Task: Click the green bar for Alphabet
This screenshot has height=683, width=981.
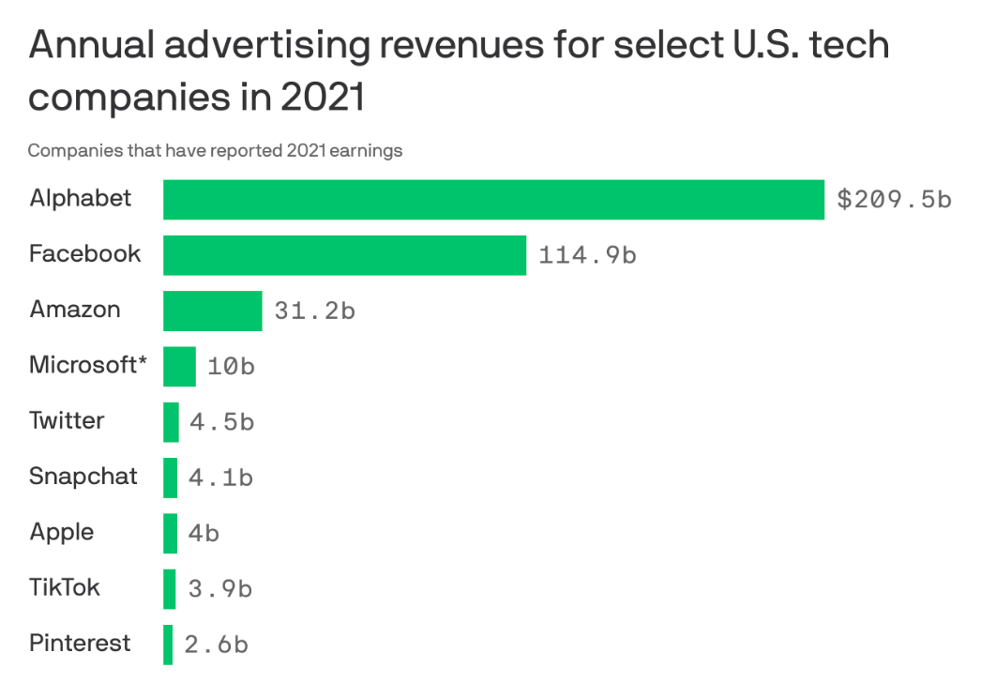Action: (x=493, y=200)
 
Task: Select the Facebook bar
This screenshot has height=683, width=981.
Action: (x=344, y=255)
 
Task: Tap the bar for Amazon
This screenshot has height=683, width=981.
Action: (x=212, y=311)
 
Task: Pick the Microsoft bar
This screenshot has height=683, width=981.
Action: (x=179, y=366)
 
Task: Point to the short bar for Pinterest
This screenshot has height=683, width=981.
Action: (x=168, y=645)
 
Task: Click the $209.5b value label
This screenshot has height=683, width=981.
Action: (x=894, y=200)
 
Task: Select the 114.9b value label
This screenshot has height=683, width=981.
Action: (x=587, y=255)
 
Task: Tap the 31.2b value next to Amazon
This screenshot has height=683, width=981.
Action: (x=314, y=311)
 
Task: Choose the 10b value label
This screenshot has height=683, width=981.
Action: (x=231, y=366)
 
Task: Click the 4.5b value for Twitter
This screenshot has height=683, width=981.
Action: (x=221, y=422)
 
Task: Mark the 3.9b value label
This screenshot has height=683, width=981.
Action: (x=220, y=589)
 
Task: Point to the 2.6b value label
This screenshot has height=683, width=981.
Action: (x=217, y=645)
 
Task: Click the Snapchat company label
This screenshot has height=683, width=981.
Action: (x=83, y=476)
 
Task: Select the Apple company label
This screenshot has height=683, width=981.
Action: (x=62, y=532)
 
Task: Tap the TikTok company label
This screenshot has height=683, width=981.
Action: (x=65, y=587)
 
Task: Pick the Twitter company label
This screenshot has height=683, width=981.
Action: (x=67, y=420)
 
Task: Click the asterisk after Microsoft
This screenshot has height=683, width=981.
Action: (x=143, y=360)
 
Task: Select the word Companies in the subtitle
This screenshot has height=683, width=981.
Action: (x=66, y=150)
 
